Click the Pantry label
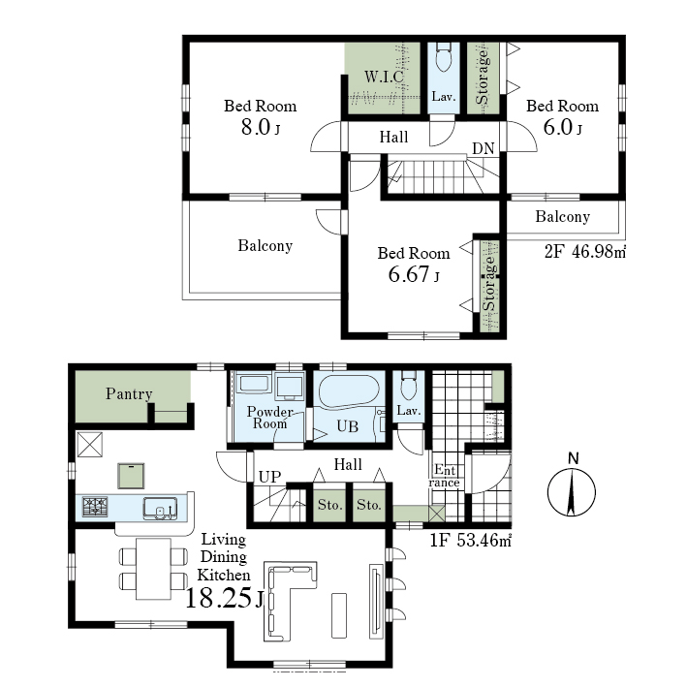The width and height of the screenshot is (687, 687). [x=129, y=393]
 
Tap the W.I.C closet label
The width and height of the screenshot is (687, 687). [x=385, y=77]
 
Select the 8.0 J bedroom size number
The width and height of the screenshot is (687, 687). [x=261, y=127]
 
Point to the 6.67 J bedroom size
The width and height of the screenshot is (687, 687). [x=414, y=275]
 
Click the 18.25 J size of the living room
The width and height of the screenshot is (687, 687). [x=225, y=598]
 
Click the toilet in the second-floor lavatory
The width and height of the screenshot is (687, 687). [x=444, y=57]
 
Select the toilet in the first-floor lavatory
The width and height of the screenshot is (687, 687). [x=409, y=386]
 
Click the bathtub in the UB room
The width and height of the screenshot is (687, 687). [x=349, y=391]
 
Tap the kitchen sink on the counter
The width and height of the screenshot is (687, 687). [x=160, y=509]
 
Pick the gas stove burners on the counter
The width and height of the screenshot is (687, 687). [x=95, y=507]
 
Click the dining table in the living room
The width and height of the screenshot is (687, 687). [x=153, y=568]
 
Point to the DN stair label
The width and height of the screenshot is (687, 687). [x=484, y=149]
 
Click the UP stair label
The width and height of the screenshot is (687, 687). [x=269, y=477]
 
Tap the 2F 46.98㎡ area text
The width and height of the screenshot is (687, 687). [x=585, y=252]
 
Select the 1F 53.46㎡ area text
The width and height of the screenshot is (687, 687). [x=471, y=541]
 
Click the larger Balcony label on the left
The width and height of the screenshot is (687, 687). [x=265, y=245]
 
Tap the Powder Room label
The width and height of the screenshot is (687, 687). [x=269, y=418]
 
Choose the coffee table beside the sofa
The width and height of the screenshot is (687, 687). [x=339, y=615]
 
